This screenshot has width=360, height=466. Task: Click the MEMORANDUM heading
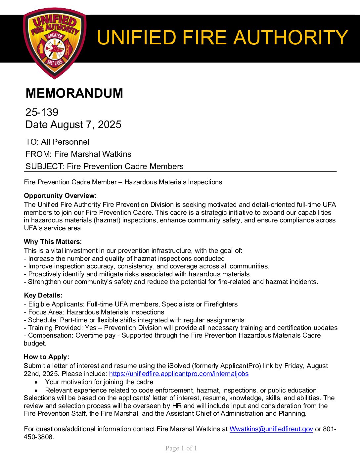pyautogui.click(x=74, y=93)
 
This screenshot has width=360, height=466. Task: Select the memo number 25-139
pyautogui.click(x=42, y=112)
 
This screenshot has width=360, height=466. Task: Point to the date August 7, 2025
pyautogui.click(x=73, y=124)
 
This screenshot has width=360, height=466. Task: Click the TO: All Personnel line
pyautogui.click(x=58, y=142)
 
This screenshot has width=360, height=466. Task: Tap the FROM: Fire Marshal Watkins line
pyautogui.click(x=78, y=154)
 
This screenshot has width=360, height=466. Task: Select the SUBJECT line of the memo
pyautogui.click(x=104, y=166)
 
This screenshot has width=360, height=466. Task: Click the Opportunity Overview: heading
pyautogui.click(x=60, y=196)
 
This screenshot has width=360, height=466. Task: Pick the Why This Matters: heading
pyautogui.click(x=53, y=242)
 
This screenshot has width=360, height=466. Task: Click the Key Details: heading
pyautogui.click(x=43, y=295)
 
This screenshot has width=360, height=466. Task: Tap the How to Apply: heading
pyautogui.click(x=46, y=357)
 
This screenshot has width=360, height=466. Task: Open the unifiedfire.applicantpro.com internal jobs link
pyautogui.click(x=179, y=374)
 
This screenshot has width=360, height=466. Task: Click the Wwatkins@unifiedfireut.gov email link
pyautogui.click(x=271, y=429)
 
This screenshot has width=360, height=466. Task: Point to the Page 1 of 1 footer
pyautogui.click(x=181, y=448)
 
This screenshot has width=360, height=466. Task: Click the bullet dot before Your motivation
pyautogui.click(x=36, y=382)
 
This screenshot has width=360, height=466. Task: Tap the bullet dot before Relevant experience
pyautogui.click(x=36, y=390)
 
